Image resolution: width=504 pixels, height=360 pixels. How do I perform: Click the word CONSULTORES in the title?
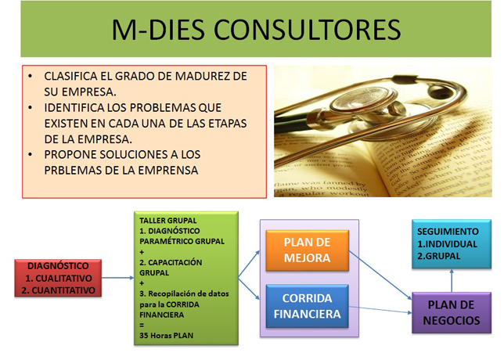click(x=307, y=30)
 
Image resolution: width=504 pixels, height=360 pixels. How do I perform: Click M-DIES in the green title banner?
click(x=158, y=30)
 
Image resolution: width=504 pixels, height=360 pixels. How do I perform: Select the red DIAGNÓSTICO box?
click(x=58, y=278)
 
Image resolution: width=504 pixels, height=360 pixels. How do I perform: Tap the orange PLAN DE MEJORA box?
click(x=308, y=250)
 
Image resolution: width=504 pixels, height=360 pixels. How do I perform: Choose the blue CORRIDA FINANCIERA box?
click(x=308, y=306)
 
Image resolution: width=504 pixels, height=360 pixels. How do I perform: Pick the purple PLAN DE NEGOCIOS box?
click(x=452, y=312)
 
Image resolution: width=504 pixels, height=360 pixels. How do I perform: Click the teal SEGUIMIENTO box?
click(x=452, y=243)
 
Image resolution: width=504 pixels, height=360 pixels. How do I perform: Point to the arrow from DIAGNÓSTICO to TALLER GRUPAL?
click(x=117, y=278)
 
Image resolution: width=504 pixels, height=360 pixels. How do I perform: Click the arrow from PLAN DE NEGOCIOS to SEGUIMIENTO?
click(x=452, y=281)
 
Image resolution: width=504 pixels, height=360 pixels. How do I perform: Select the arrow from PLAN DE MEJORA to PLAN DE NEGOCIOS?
click(x=380, y=275)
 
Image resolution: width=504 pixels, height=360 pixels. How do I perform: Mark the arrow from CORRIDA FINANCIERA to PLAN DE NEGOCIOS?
click(x=380, y=310)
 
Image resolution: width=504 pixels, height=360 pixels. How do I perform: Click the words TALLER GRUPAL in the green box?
click(x=167, y=221)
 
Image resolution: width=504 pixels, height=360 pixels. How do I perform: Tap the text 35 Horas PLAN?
click(x=166, y=336)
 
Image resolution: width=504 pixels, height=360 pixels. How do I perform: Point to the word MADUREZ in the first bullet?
click(x=203, y=76)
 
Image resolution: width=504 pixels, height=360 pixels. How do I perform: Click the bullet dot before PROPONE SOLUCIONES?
click(x=31, y=155)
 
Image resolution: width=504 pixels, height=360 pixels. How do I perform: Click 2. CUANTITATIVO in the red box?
click(x=58, y=290)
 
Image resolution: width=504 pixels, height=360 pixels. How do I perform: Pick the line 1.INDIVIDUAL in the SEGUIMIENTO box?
click(x=447, y=244)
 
